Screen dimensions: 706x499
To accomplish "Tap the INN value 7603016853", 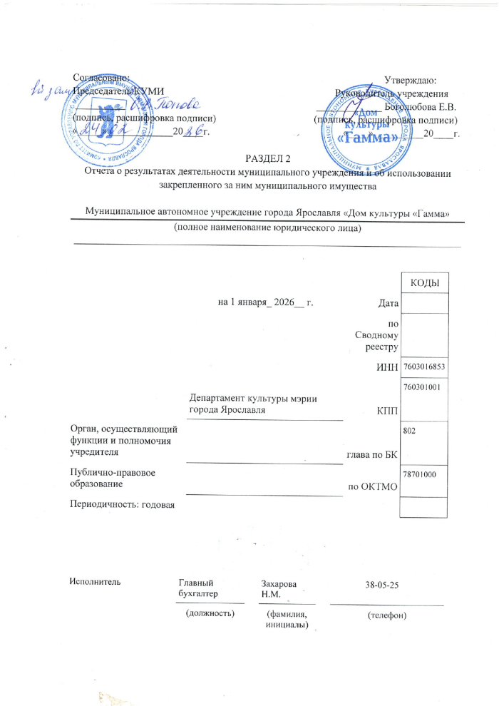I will [424, 367].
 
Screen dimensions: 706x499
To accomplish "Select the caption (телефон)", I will [386, 615].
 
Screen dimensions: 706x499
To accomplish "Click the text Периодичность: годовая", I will [118, 505].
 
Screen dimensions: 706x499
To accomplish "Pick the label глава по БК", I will [371, 454].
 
